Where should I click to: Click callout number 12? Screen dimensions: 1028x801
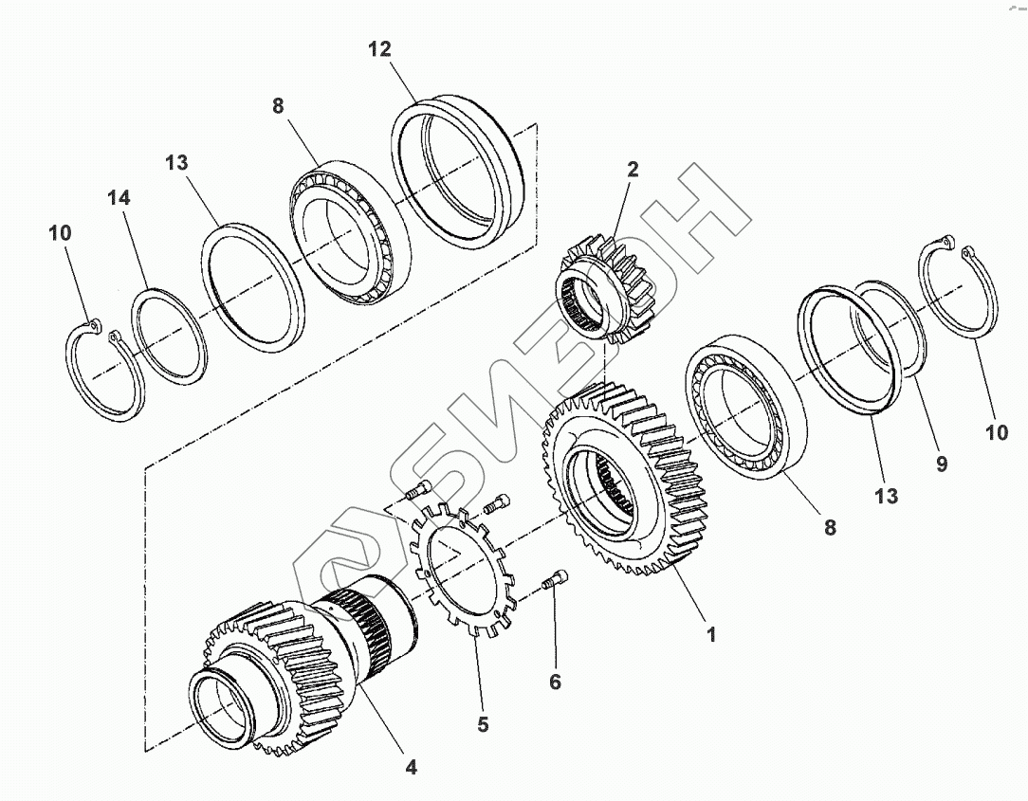tap(379, 49)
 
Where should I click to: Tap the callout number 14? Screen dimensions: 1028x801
tap(119, 197)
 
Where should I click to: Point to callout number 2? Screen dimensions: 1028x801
tap(632, 169)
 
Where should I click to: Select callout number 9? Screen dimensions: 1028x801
tap(942, 464)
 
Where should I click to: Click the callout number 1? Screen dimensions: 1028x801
tap(710, 634)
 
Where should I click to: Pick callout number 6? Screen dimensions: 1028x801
tap(556, 682)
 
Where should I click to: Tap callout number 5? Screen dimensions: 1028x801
tap(484, 724)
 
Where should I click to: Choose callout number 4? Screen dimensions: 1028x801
tap(411, 767)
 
